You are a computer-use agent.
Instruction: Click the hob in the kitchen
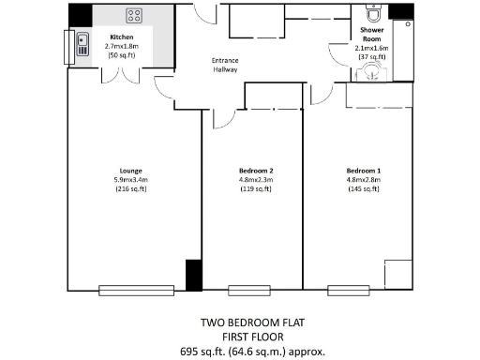pyautogui.click(x=134, y=16)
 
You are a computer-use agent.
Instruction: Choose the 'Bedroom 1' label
pyautogui.click(x=362, y=170)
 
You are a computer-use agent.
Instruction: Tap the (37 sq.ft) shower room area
pyautogui.click(x=369, y=56)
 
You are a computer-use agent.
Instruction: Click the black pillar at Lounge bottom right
pyautogui.click(x=193, y=275)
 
